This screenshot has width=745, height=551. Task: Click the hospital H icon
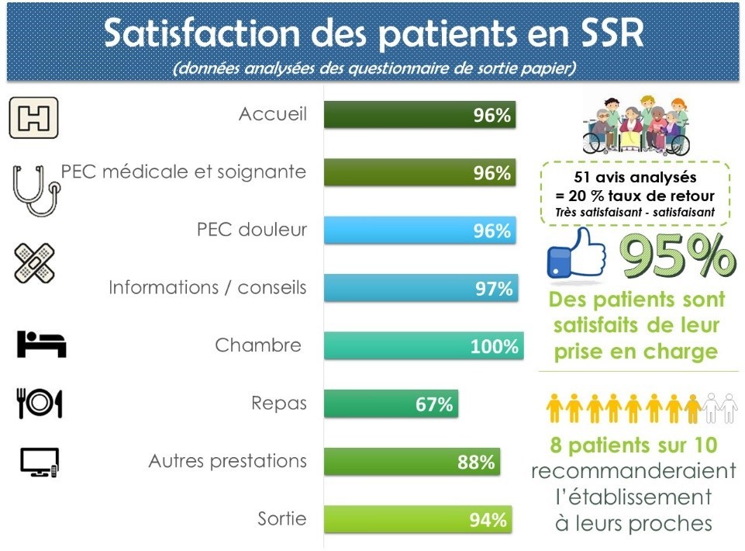34,117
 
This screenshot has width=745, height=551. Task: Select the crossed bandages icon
34,262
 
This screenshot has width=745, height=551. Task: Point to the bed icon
41,344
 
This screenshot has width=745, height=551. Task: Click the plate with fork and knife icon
40,403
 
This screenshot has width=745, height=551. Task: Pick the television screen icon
40,462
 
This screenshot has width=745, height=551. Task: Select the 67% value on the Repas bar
434,404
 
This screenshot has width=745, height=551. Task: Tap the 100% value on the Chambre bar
494,346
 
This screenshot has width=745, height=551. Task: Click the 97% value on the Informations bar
494,289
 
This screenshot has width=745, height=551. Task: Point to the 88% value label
476,462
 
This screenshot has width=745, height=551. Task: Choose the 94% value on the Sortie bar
488,520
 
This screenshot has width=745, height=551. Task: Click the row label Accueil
273,114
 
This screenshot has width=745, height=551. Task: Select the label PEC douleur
252,230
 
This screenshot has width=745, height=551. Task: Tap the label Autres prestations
228,461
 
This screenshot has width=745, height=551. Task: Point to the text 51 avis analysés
635,178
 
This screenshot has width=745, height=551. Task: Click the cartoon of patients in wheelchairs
636,125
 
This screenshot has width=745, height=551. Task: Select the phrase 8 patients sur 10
633,445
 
